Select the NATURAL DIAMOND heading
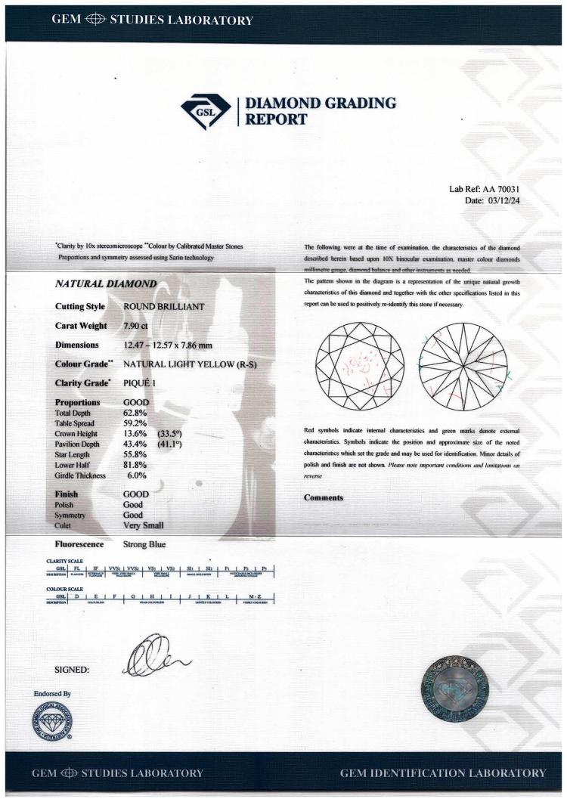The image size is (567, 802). pyautogui.click(x=105, y=285)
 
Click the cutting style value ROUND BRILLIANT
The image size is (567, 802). pyautogui.click(x=163, y=308)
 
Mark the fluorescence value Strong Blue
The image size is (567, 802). pyautogui.click(x=144, y=543)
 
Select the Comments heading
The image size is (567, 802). pyautogui.click(x=324, y=497)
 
